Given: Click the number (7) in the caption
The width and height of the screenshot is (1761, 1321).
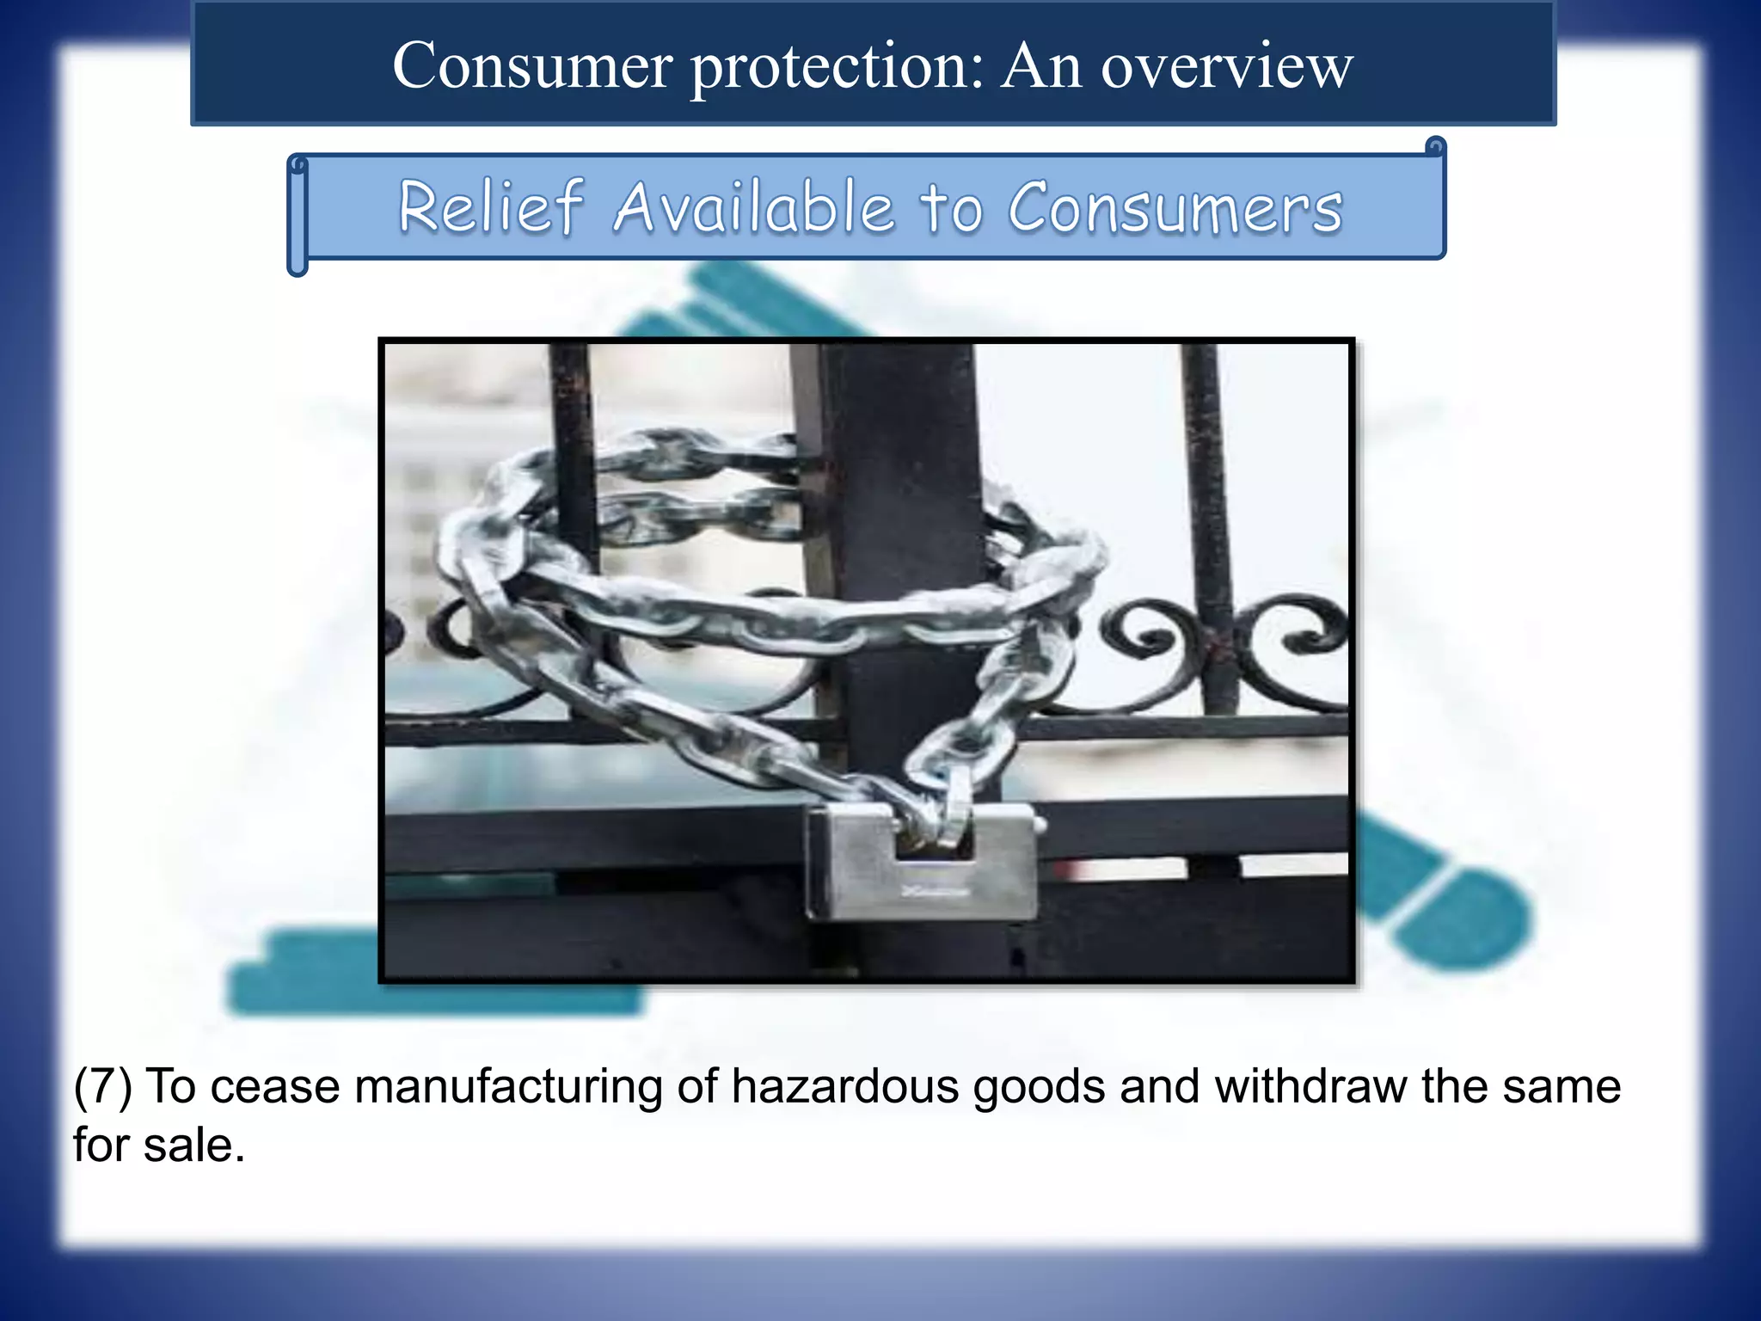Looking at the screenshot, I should click(x=102, y=1086).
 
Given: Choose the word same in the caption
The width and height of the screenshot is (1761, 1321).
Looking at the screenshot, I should click(x=1562, y=1086).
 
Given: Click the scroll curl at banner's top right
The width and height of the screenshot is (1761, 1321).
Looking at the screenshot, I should click(x=1434, y=147).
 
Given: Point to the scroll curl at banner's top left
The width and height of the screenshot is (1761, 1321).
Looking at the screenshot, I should click(x=298, y=164).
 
